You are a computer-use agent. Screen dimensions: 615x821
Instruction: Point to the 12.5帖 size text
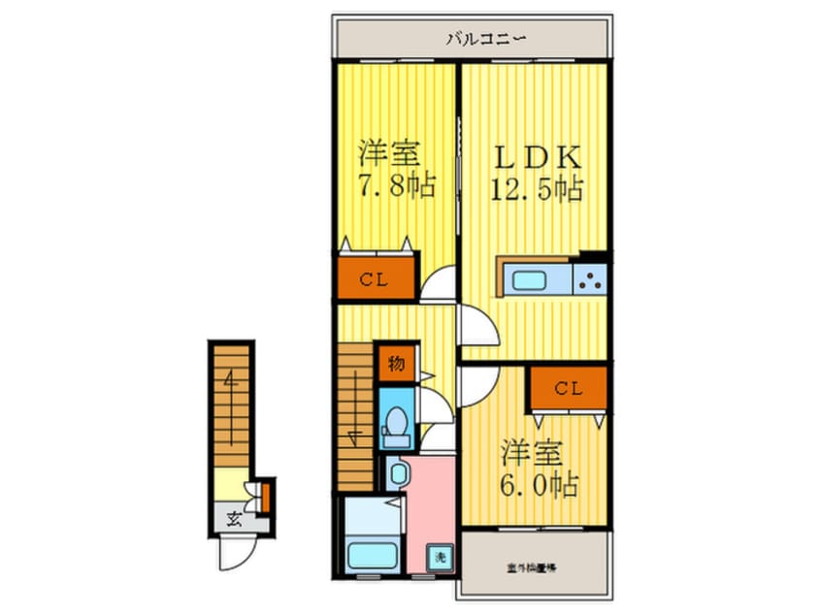pos(535,188)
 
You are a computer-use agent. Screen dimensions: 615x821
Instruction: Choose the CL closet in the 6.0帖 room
pos(568,388)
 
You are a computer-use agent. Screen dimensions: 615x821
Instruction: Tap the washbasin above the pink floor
pos(398,473)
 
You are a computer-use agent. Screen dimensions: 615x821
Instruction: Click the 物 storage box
pos(396,365)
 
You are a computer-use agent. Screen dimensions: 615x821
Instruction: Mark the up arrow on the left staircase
pos(230,382)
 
